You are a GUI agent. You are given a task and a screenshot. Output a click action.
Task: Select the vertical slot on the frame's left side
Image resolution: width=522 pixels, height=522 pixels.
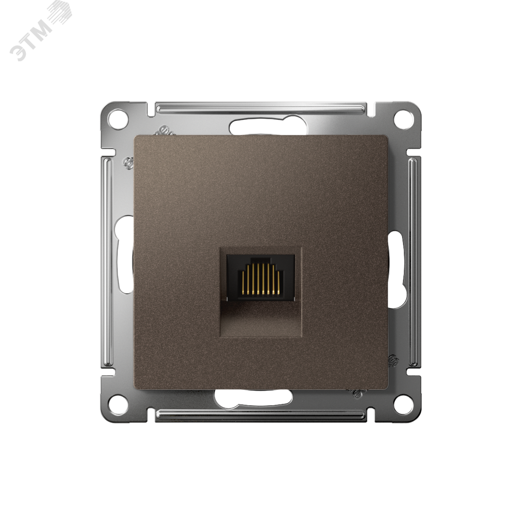123,256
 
